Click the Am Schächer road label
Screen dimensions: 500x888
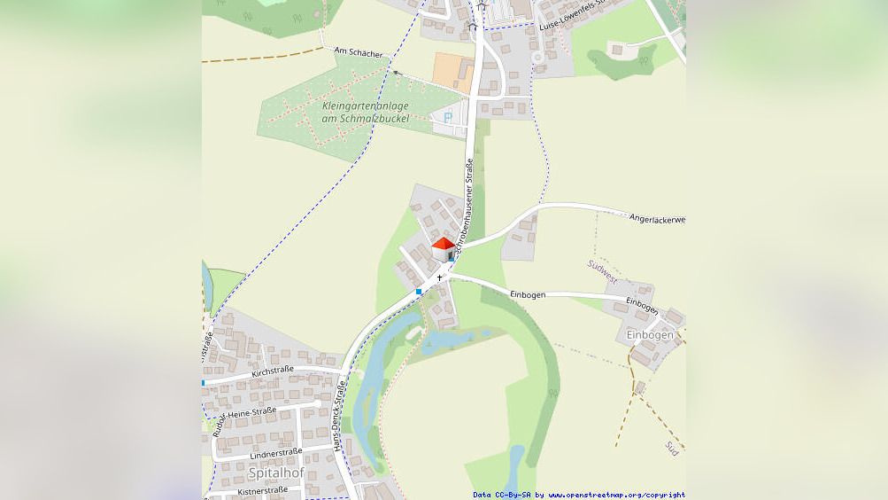(359, 53)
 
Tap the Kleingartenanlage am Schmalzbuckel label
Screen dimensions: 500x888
(366, 112)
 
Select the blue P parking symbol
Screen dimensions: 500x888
(448, 117)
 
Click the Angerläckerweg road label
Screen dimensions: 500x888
(657, 218)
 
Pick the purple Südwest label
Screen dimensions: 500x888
(602, 271)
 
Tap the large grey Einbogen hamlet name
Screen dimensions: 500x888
(650, 334)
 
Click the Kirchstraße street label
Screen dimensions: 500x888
(273, 370)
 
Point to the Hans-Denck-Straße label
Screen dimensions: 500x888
(339, 417)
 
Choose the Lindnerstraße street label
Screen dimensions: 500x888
(275, 453)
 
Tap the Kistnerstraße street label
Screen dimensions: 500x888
(262, 490)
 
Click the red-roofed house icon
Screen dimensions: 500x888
(444, 248)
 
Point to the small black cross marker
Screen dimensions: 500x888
(439, 277)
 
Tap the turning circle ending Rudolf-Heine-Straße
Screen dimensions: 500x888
(316, 404)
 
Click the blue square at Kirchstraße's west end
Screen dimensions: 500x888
(204, 383)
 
